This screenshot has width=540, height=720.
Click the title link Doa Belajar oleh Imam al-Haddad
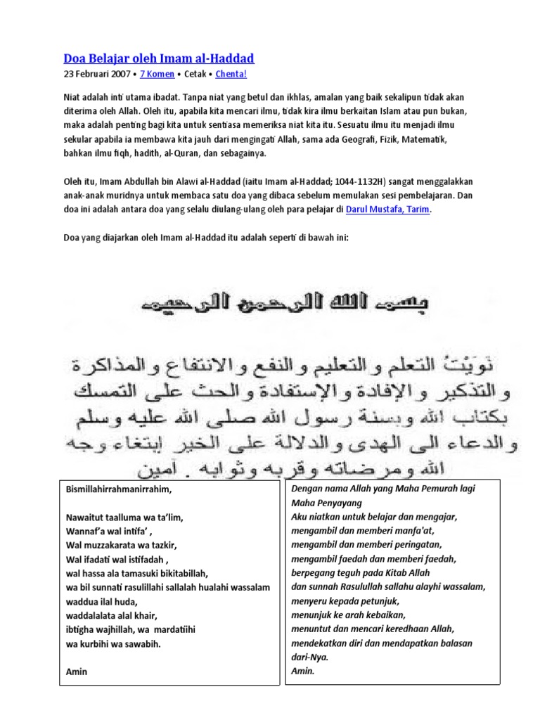159,58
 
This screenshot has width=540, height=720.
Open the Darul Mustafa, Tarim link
392,210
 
